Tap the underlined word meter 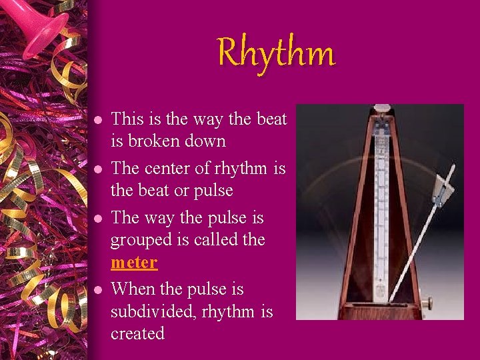click(134, 263)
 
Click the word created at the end click(137, 333)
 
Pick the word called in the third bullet click(217, 240)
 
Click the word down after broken click(206, 141)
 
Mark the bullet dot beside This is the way click(97, 121)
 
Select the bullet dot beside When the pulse click(97, 291)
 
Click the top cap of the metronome click(381, 108)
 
